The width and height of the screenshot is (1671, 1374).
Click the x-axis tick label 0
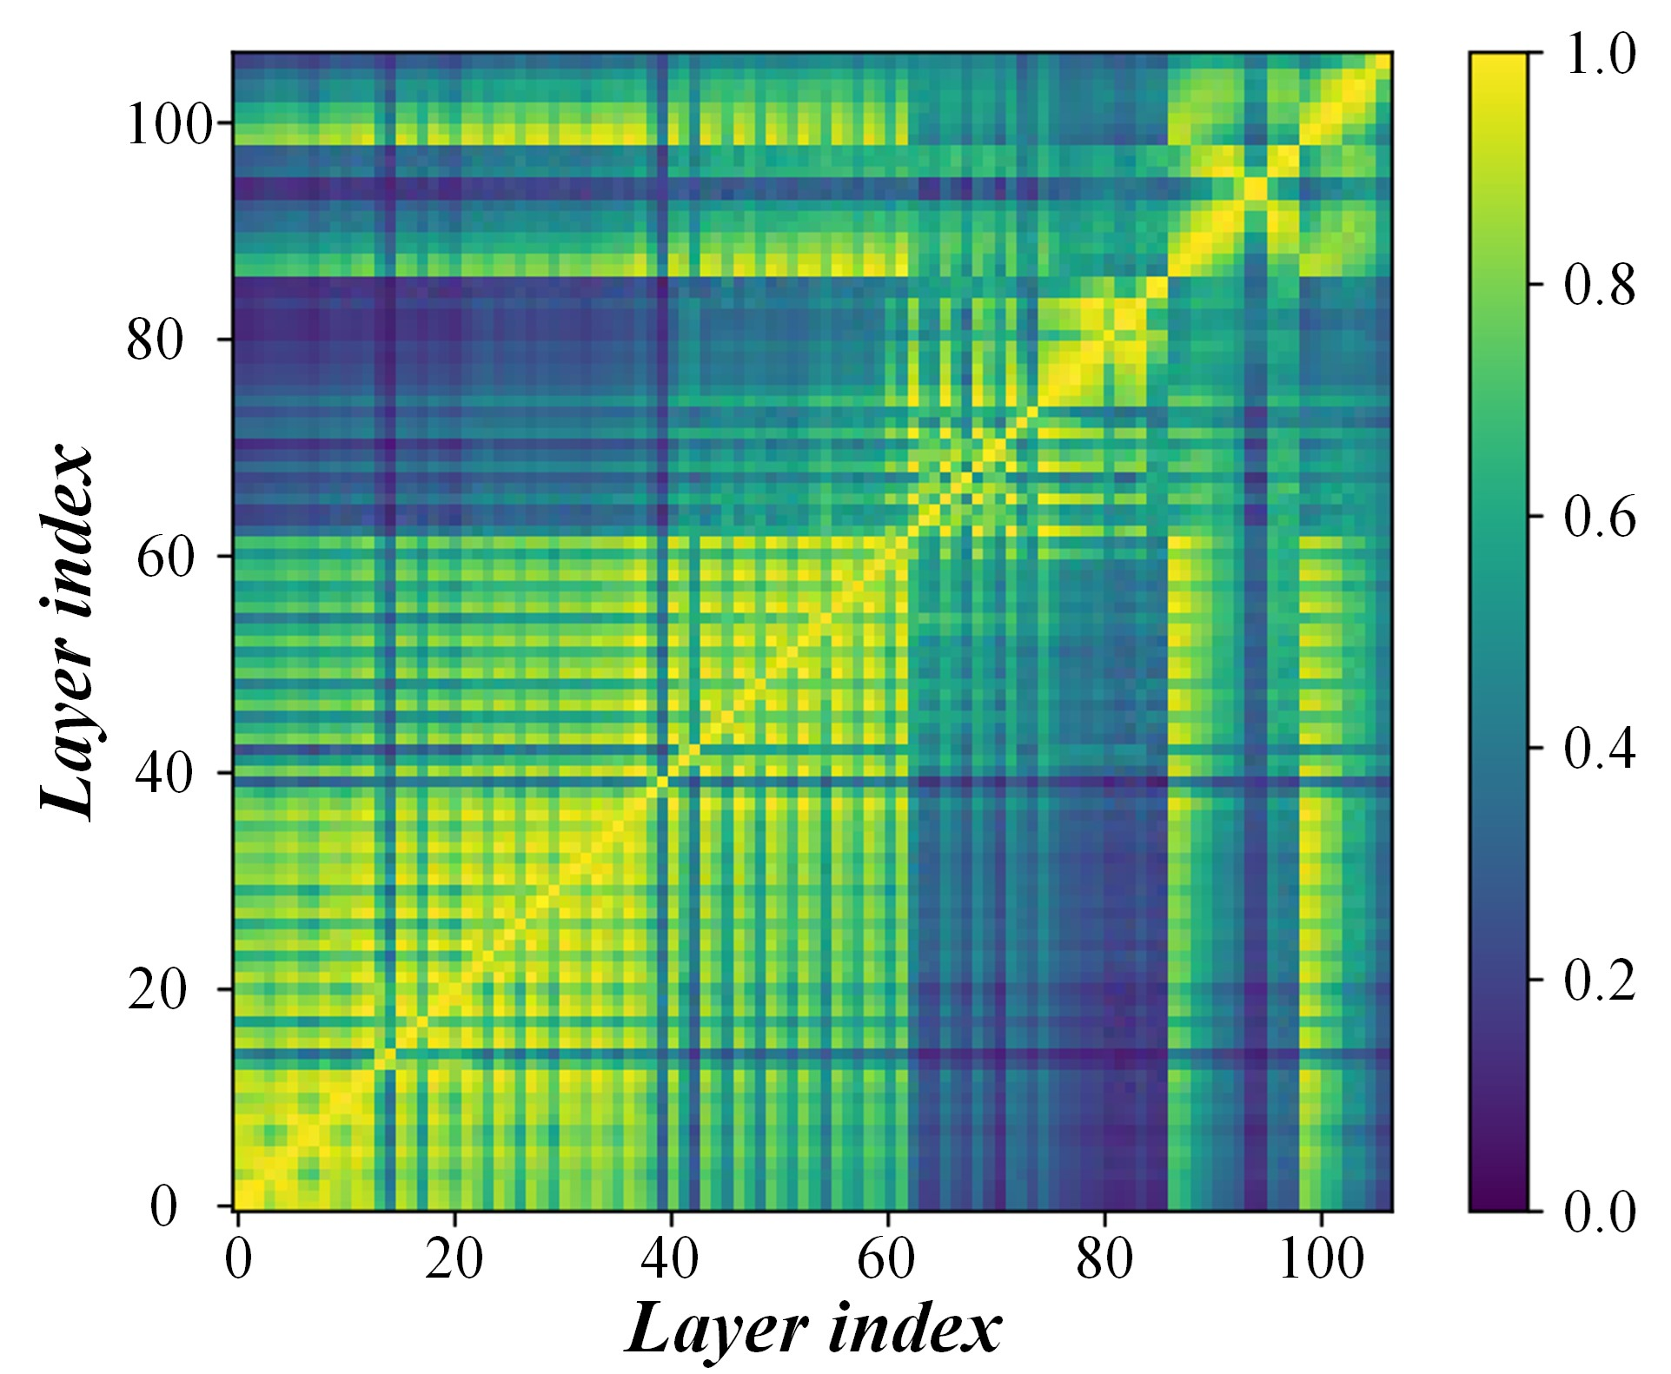tap(237, 1260)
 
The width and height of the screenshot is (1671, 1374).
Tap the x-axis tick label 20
tap(454, 1260)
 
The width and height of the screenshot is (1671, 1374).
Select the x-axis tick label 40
tap(670, 1260)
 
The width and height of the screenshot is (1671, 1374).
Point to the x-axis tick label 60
tap(886, 1260)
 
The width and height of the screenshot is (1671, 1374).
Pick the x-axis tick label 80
tap(1104, 1260)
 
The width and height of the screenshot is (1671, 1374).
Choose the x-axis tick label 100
tap(1321, 1260)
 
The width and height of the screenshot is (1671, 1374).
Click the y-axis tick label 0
tap(164, 1206)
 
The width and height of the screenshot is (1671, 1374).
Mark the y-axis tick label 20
tap(156, 990)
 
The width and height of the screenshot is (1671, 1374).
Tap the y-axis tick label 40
tap(162, 774)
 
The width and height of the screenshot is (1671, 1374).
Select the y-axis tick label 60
tap(164, 558)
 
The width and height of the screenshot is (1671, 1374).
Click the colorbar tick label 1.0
tap(1599, 55)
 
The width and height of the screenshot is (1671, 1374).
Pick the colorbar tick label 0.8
tap(1599, 286)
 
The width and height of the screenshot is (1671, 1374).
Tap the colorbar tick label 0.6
tap(1599, 518)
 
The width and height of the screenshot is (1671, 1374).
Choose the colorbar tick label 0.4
tap(1599, 749)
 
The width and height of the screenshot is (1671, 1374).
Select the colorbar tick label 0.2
tap(1599, 980)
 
